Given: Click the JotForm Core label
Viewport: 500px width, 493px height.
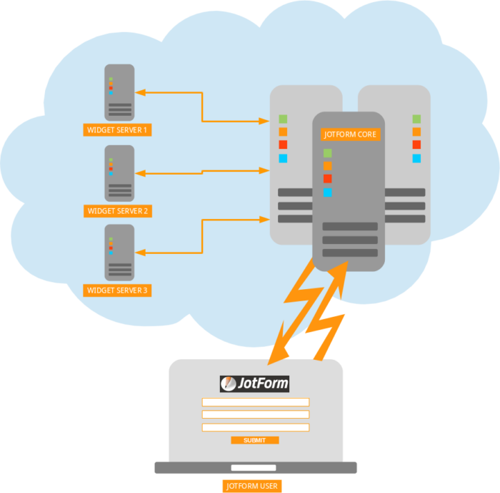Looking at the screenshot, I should tap(350, 134).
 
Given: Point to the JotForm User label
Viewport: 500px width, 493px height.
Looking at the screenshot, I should tap(251, 487).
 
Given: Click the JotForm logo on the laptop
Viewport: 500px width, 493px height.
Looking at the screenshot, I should tap(255, 384).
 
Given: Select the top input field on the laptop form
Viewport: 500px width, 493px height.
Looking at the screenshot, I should tap(255, 402).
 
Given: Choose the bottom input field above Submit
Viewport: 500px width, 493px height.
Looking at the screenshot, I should tap(255, 427).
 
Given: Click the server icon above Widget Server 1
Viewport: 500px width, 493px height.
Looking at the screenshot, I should tap(119, 92).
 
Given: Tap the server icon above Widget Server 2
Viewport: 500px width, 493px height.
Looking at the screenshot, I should tap(119, 173).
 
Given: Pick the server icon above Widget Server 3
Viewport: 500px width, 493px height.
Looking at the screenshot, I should tap(119, 253).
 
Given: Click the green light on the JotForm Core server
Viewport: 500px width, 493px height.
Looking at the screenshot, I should tap(327, 153).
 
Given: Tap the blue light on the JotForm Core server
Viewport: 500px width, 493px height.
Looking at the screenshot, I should tap(327, 192).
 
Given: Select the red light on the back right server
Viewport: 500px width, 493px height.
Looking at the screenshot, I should tap(416, 145).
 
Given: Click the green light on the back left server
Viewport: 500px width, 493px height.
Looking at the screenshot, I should tap(283, 119).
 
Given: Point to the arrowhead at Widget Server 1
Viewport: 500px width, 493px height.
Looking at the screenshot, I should tap(141, 92).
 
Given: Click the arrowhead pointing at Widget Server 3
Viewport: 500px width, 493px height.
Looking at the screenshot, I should tap(141, 253).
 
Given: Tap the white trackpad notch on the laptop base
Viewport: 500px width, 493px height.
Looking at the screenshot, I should tap(255, 469).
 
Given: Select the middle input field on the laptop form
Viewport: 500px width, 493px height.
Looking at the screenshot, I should tap(255, 414).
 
